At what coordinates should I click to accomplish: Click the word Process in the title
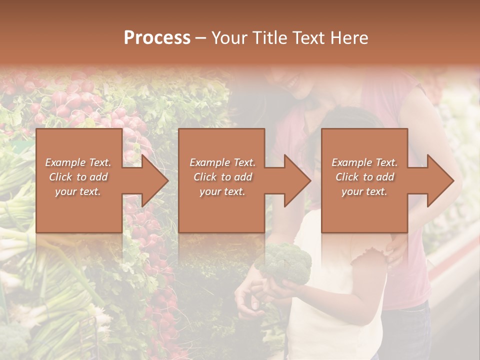(x=157, y=38)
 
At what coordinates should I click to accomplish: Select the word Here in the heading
(x=349, y=38)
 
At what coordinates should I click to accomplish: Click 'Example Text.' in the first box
(x=78, y=162)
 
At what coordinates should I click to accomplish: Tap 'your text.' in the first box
(x=78, y=191)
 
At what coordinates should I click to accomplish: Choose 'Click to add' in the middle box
(x=222, y=177)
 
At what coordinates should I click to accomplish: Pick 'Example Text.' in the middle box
(x=222, y=162)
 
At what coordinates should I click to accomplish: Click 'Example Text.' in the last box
(x=365, y=162)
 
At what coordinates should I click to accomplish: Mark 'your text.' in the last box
(x=364, y=191)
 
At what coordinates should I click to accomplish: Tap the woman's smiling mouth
(x=293, y=80)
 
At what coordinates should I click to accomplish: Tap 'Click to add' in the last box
(x=364, y=177)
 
